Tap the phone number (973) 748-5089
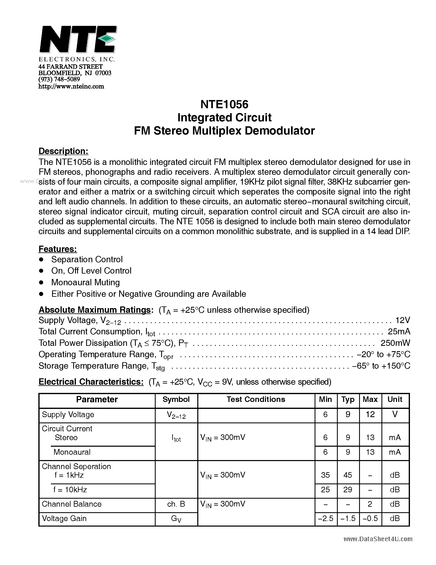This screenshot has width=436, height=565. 59,79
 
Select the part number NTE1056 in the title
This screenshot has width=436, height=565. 224,105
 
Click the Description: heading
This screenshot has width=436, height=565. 63,151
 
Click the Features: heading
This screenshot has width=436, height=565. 58,249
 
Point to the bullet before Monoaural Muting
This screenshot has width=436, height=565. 41,282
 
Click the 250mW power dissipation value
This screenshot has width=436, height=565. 395,343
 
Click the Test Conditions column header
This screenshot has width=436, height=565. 256,399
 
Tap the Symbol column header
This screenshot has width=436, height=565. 176,399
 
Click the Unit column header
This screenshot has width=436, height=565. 395,399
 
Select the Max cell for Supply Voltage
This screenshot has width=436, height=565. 370,414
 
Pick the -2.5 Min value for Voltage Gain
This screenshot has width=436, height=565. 325,518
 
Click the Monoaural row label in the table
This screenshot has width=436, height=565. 72,452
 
